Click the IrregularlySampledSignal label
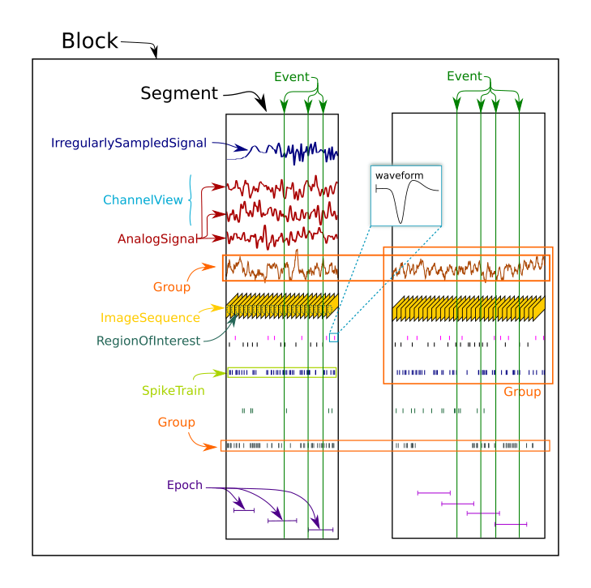tap(128, 144)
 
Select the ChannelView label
tap(143, 200)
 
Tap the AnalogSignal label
tap(157, 239)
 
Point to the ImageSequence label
tap(150, 318)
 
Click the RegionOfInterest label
tap(148, 341)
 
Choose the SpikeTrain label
tap(173, 391)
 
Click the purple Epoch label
tap(184, 486)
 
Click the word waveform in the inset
tap(399, 176)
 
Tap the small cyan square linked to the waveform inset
tap(333, 337)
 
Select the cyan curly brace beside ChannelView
tap(191, 200)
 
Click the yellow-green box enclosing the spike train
tap(281, 372)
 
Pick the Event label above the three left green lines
tap(291, 77)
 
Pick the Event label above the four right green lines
tap(464, 76)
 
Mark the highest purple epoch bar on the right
tap(433, 492)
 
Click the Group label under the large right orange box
tap(521, 393)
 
